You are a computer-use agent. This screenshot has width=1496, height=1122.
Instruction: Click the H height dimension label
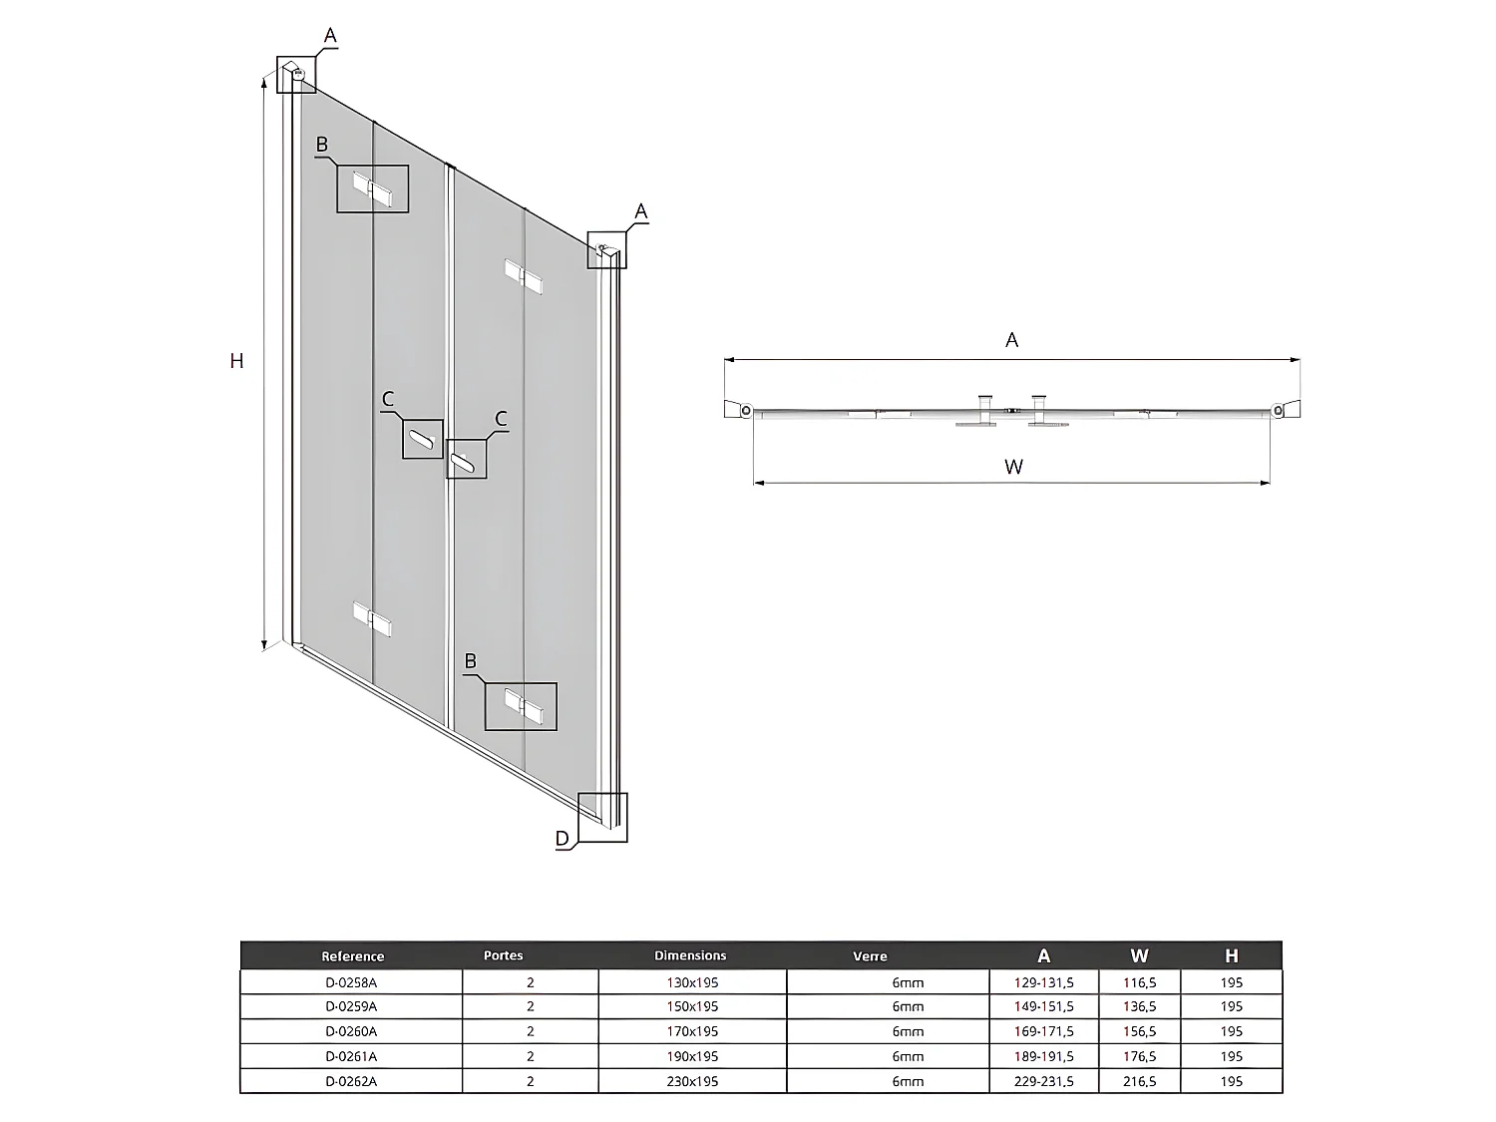[x=236, y=361]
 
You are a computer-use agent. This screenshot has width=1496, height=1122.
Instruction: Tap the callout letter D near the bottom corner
[x=562, y=839]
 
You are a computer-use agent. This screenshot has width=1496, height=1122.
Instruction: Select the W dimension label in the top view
[x=1013, y=466]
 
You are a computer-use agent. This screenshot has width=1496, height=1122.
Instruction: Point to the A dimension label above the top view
[x=1011, y=340]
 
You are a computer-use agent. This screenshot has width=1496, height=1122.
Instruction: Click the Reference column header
[x=352, y=956]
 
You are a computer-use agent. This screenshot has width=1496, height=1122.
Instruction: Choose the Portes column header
[x=504, y=955]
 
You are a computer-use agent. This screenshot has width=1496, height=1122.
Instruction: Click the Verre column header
[x=870, y=956]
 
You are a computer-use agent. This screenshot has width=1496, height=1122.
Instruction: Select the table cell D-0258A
[x=351, y=982]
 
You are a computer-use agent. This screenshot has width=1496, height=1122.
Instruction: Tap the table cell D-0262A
[x=351, y=1081]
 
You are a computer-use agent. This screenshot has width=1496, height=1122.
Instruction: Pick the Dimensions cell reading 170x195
[x=692, y=1031]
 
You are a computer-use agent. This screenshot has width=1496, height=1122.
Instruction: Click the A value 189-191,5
[x=1043, y=1056]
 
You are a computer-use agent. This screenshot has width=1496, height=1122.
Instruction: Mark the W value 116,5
[x=1139, y=982]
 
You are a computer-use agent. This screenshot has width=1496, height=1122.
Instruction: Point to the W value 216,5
[x=1139, y=1081]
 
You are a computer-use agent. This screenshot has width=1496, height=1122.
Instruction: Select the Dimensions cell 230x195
[x=692, y=1081]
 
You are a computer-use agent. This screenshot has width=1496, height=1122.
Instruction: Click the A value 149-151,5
[x=1043, y=1007]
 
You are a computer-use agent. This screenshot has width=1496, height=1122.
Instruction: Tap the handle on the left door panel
[x=423, y=439]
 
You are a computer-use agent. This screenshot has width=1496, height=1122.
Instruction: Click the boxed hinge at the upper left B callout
[x=372, y=189]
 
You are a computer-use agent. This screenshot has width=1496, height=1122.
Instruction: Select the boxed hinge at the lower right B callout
[x=522, y=706]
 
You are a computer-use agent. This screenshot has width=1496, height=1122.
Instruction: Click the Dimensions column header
[x=690, y=955]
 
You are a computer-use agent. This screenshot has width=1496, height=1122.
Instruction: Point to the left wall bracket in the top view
[x=739, y=409]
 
